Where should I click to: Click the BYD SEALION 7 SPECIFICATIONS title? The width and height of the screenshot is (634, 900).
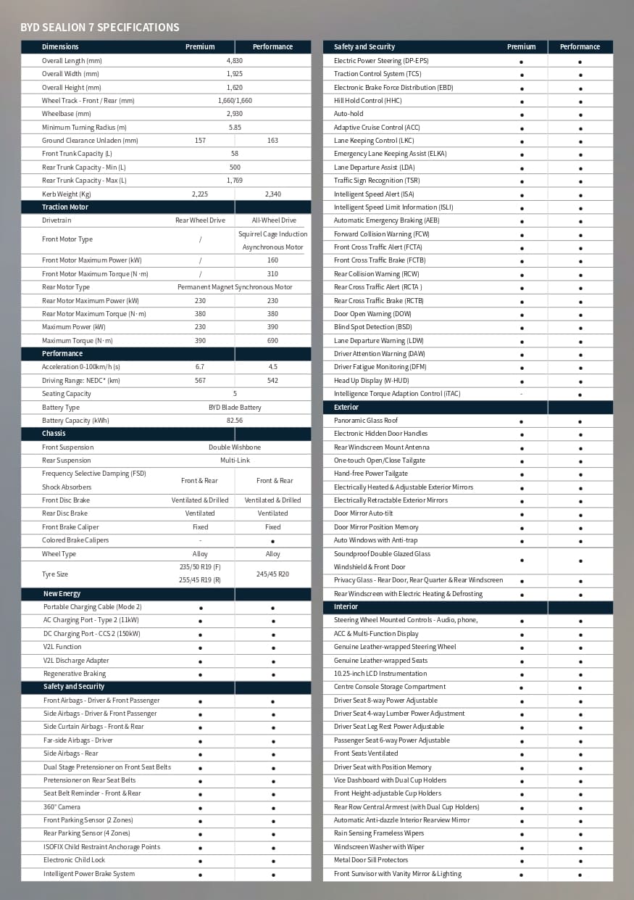click(x=99, y=28)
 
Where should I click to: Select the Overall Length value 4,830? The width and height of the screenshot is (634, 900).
click(x=234, y=61)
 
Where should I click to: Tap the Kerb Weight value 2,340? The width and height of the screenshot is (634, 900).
click(x=272, y=194)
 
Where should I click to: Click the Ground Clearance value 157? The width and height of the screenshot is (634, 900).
click(x=200, y=141)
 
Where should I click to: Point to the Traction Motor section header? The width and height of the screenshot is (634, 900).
click(x=65, y=207)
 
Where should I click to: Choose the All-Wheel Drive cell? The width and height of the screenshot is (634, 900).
click(x=272, y=220)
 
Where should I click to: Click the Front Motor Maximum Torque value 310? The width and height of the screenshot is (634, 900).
click(x=272, y=274)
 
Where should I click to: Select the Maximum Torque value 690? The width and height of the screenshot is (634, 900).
click(x=272, y=341)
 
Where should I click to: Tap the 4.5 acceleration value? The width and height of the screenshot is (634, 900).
click(x=272, y=367)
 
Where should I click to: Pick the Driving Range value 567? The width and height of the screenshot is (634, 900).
click(x=200, y=381)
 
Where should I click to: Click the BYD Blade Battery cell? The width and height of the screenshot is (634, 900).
click(x=234, y=408)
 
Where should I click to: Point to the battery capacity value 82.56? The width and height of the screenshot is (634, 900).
click(x=234, y=421)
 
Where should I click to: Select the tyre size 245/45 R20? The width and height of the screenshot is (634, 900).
click(x=272, y=574)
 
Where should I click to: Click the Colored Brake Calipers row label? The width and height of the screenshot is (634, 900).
click(x=75, y=540)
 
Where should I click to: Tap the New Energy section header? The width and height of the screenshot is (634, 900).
click(x=62, y=594)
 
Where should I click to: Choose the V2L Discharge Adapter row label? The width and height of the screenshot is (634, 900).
click(x=76, y=661)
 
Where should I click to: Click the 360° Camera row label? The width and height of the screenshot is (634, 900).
click(x=62, y=807)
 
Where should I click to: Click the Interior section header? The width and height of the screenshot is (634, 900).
click(x=346, y=607)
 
